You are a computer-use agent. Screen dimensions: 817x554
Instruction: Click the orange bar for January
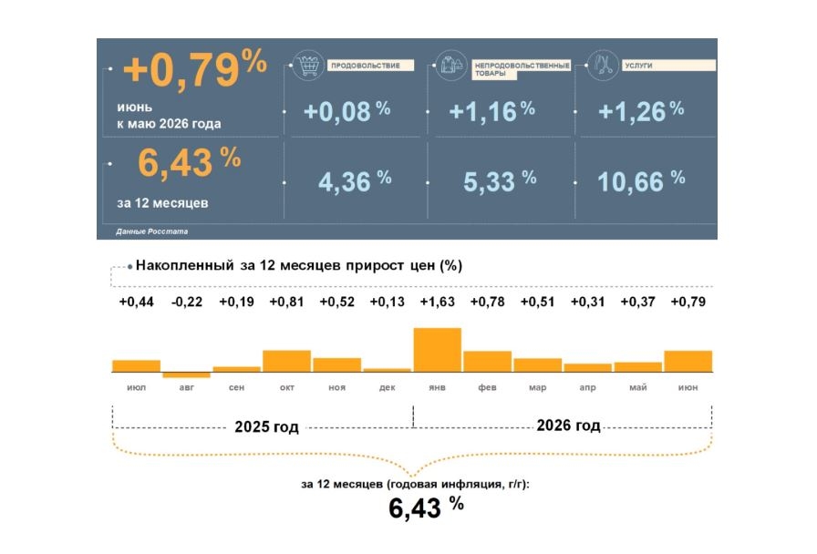[x=437, y=349]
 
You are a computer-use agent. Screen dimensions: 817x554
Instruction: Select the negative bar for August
[x=187, y=374]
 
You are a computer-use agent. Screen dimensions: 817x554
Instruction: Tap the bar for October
[x=286, y=361]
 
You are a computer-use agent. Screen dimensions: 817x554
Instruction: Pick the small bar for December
[x=388, y=370]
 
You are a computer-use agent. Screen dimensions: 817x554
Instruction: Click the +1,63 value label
[x=437, y=302]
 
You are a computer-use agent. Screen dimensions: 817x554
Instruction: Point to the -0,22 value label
[x=187, y=302]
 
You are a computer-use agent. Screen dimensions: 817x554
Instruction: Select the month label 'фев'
[x=487, y=387]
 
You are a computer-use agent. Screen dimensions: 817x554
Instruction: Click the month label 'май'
[x=637, y=387]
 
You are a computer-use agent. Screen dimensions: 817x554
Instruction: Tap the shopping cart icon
[x=308, y=66]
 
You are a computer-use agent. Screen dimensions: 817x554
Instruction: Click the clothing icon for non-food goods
[x=451, y=66]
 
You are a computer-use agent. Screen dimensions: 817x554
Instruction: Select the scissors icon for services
[x=603, y=66]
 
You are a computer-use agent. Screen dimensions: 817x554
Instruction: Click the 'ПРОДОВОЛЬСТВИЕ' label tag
[x=370, y=66]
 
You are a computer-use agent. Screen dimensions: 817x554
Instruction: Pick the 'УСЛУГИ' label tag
[x=668, y=66]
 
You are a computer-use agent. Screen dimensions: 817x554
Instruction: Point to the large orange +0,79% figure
[x=195, y=70]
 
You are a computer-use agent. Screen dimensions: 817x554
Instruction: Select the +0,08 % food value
[x=346, y=111]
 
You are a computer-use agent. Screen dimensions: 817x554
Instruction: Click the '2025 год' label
[x=266, y=427]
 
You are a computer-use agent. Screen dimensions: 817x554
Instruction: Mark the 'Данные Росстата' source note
[x=151, y=231]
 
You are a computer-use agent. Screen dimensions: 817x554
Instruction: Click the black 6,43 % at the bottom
[x=426, y=508]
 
